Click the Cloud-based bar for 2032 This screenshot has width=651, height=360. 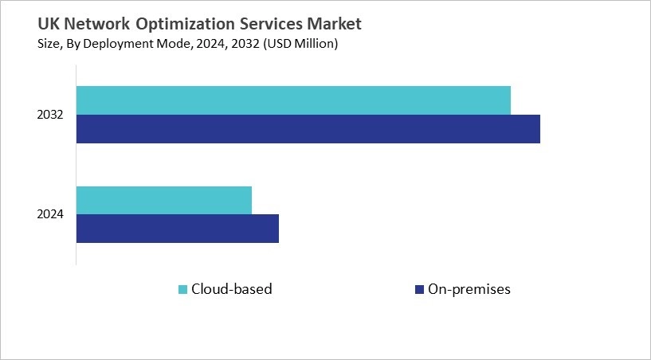tap(293, 100)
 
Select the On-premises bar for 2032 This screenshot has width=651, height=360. tap(308, 129)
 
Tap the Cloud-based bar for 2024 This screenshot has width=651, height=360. tap(164, 200)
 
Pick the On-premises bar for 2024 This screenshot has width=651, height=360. tap(178, 229)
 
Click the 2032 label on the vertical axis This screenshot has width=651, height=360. tap(49, 115)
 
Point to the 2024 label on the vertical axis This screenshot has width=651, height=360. tap(49, 215)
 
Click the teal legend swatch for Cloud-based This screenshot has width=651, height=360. tap(182, 289)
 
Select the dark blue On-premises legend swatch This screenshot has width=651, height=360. tap(419, 289)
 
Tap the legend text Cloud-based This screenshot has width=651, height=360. tap(231, 289)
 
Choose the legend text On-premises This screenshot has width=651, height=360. tap(469, 289)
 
